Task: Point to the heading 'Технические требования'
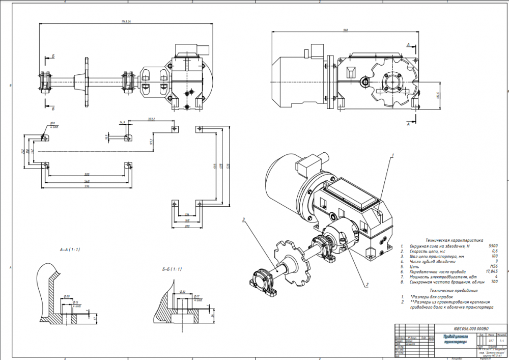click(x=451, y=290)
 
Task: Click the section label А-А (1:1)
click(x=70, y=250)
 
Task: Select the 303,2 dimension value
click(x=151, y=119)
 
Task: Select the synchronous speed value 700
click(x=494, y=282)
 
